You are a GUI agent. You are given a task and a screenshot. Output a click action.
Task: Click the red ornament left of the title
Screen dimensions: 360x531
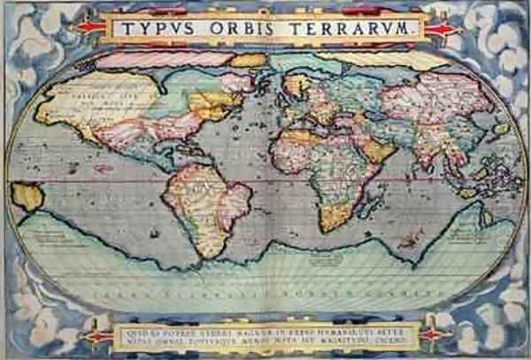tap(89, 27)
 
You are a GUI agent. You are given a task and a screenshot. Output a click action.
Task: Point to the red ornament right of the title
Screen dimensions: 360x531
tap(442, 28)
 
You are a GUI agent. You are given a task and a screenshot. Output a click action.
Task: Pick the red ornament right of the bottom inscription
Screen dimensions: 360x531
tap(431, 334)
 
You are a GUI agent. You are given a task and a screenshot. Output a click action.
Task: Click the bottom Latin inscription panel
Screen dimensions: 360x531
tap(265, 334)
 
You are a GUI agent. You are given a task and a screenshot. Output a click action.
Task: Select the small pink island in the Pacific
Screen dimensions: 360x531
tap(103, 167)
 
